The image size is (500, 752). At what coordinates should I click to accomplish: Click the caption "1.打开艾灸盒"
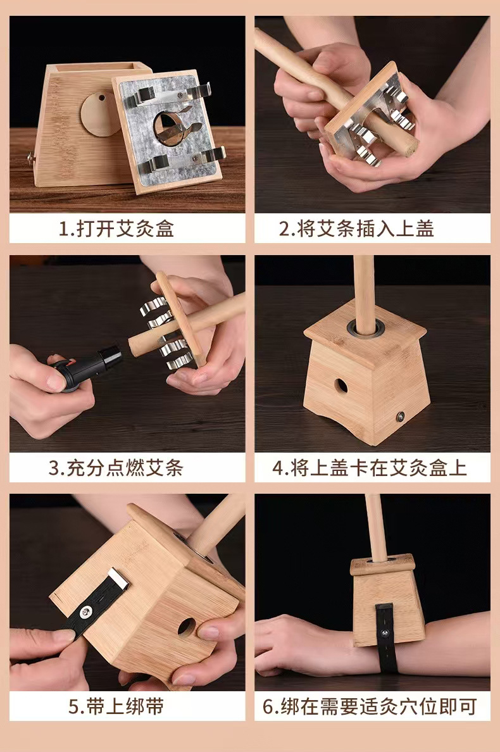click(116, 229)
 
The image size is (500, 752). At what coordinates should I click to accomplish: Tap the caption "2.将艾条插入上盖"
click(357, 229)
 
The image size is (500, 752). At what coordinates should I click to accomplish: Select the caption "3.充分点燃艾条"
click(116, 468)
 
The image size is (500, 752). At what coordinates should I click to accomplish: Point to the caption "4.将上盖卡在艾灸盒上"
click(369, 468)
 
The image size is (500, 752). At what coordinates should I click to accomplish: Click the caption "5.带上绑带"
click(116, 706)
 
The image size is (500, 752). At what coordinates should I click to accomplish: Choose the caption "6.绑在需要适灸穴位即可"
click(370, 706)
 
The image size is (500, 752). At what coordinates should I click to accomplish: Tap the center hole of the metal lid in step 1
click(165, 126)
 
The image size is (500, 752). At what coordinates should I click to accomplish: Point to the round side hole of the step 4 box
click(341, 386)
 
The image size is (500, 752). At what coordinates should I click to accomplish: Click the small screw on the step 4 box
click(399, 417)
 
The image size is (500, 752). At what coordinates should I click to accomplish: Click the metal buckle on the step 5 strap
click(119, 578)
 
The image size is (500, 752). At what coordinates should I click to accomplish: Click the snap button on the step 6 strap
click(384, 634)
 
